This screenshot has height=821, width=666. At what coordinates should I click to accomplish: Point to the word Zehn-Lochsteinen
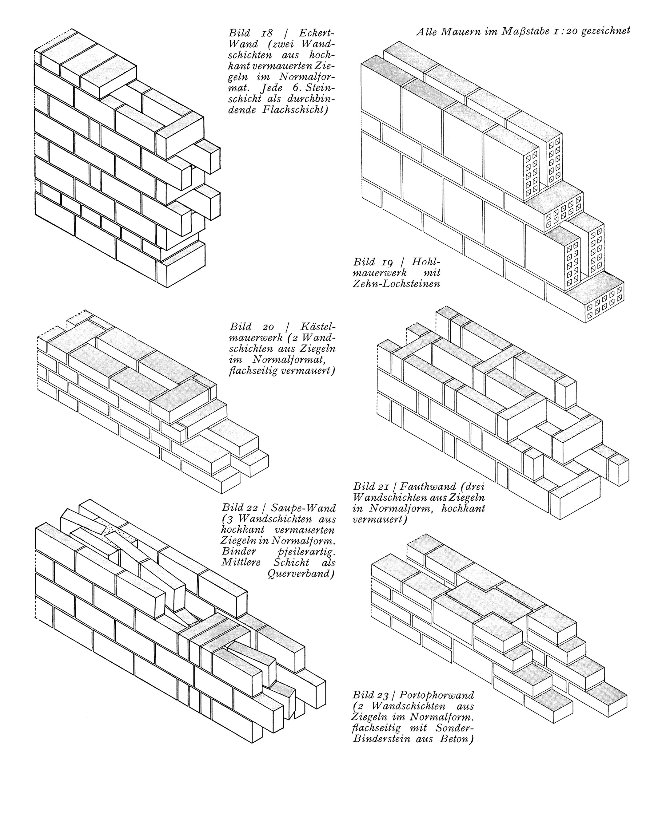click(x=396, y=284)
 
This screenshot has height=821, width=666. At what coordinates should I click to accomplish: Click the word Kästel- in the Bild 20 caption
click(x=318, y=327)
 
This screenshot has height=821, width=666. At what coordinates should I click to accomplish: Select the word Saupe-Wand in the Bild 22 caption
click(x=303, y=508)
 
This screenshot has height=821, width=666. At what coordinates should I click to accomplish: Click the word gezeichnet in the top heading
click(x=605, y=31)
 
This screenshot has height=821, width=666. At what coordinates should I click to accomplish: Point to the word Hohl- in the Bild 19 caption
click(x=426, y=262)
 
